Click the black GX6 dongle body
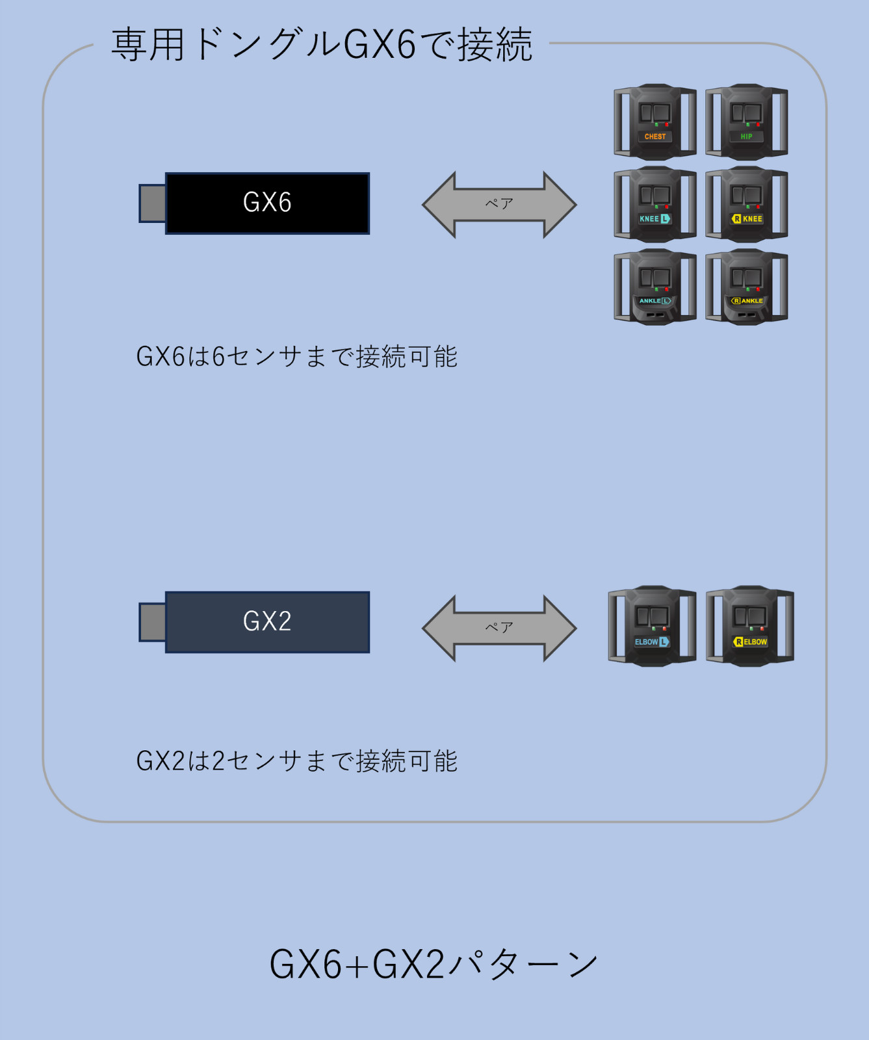pyautogui.click(x=267, y=203)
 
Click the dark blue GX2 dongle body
pyautogui.click(x=267, y=622)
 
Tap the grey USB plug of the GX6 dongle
pyautogui.click(x=153, y=203)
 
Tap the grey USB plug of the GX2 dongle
pyautogui.click(x=153, y=622)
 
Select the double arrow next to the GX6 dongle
pyautogui.click(x=499, y=205)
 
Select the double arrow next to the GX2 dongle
pyautogui.click(x=499, y=629)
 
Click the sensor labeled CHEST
pyautogui.click(x=655, y=122)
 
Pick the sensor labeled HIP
pyautogui.click(x=747, y=122)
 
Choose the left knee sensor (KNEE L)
pyautogui.click(x=655, y=204)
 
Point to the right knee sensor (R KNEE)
pyautogui.click(x=747, y=204)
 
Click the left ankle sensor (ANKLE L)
pyautogui.click(x=655, y=287)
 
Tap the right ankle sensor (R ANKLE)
pyautogui.click(x=747, y=287)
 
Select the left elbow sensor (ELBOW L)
pyautogui.click(x=652, y=626)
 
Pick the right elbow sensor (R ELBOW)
pyautogui.click(x=750, y=626)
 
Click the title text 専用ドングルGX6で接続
pyautogui.click(x=322, y=45)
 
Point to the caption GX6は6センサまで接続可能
pyautogui.click(x=297, y=357)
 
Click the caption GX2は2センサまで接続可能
pyautogui.click(x=297, y=761)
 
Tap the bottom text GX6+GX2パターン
pyautogui.click(x=434, y=964)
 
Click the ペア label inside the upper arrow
pyautogui.click(x=499, y=203)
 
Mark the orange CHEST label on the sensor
pyautogui.click(x=655, y=136)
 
